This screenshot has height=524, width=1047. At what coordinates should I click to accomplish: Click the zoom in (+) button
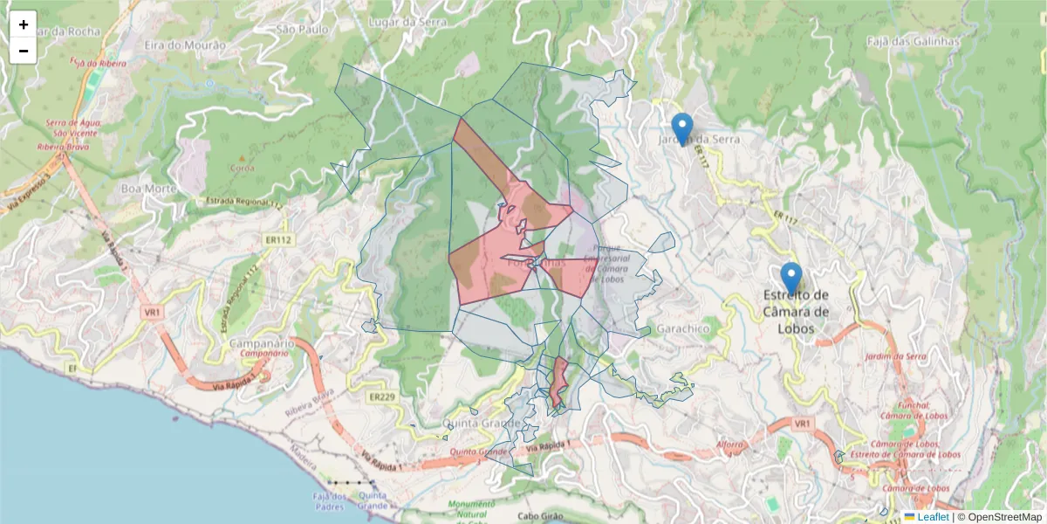24,24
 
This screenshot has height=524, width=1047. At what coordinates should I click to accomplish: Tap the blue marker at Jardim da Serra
682,128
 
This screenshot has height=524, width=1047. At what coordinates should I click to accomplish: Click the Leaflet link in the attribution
933,517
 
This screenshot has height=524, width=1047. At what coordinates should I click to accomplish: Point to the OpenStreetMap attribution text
1004,517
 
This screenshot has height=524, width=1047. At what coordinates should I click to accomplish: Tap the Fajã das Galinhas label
914,41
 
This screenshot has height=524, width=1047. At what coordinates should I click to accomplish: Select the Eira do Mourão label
185,45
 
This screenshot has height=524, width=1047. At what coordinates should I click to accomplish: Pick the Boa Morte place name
143,188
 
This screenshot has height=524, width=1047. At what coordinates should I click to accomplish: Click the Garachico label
685,329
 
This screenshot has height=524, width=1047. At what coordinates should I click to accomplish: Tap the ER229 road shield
382,397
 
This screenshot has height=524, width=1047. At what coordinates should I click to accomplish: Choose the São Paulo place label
302,29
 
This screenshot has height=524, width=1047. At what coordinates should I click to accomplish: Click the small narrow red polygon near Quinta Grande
558,382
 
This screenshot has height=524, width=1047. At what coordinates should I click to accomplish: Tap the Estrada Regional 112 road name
244,203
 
